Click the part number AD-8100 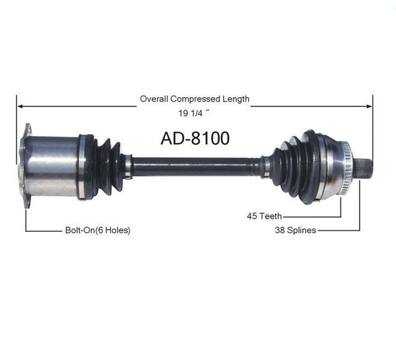pyautogui.click(x=195, y=138)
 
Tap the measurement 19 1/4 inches pyautogui.click(x=194, y=113)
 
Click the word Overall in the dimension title pyautogui.click(x=154, y=99)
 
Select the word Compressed pyautogui.click(x=195, y=99)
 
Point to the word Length pyautogui.click(x=236, y=99)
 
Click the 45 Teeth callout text pyautogui.click(x=265, y=216)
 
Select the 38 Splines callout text pyautogui.click(x=296, y=231)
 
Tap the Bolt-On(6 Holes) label pyautogui.click(x=98, y=230)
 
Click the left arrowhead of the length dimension pyautogui.click(x=20, y=106)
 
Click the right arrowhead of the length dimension pyautogui.click(x=369, y=106)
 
